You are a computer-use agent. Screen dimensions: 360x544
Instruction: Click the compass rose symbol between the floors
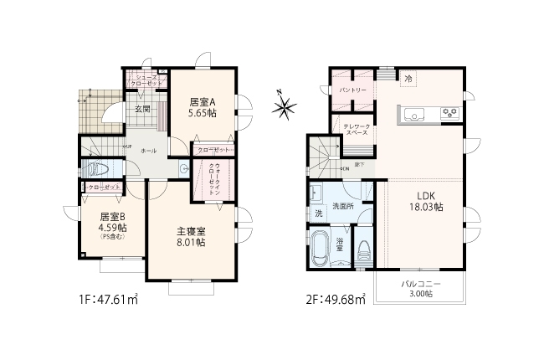point(285,106)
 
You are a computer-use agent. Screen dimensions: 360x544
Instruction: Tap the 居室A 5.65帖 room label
point(202,107)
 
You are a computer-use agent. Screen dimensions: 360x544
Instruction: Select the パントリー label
point(354,90)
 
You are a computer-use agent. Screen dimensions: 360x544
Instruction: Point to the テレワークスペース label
point(357,129)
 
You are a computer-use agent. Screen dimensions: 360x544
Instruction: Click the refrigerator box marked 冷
point(408,79)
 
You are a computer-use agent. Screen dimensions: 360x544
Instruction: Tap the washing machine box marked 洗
point(318,213)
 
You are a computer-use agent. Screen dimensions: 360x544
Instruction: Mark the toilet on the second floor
point(364,250)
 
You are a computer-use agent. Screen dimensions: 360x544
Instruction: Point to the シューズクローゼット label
point(146,82)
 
